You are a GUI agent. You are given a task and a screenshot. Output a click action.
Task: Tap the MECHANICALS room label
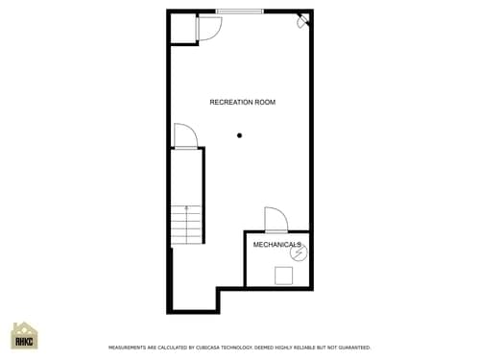[x=277, y=245]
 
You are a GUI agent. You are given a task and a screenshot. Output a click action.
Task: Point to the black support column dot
[x=240, y=135]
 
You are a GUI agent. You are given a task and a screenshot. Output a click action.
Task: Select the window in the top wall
[x=239, y=12]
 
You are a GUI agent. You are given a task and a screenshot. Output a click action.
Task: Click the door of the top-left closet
[x=208, y=29]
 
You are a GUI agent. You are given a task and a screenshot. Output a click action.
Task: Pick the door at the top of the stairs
[x=186, y=136]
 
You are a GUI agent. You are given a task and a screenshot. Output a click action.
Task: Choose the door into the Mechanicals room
[x=276, y=220]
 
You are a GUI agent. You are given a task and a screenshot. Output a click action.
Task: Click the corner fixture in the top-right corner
[x=302, y=20]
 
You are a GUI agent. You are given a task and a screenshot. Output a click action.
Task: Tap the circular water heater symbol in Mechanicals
[x=297, y=255]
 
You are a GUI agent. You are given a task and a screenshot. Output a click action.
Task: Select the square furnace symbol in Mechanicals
[x=284, y=276]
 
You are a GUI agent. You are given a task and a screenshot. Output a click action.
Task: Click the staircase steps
[x=187, y=225]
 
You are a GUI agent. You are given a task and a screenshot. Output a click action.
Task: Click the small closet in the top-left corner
[x=182, y=29]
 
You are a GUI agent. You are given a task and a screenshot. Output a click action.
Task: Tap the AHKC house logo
[x=24, y=336]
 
